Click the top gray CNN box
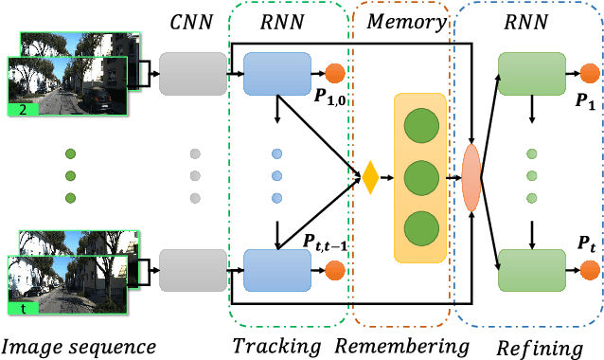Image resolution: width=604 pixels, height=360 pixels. tap(193, 73)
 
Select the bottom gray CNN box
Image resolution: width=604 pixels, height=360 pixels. tap(193, 269)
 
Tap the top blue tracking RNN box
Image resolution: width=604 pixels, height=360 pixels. tap(277, 73)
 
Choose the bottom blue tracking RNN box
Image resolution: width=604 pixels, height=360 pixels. tap(277, 269)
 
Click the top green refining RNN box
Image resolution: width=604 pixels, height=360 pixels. tap(531, 73)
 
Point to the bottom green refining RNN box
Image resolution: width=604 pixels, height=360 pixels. tap(531, 269)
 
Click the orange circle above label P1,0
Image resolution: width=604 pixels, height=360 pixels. tap(334, 74)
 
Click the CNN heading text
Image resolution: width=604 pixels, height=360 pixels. tap(193, 20)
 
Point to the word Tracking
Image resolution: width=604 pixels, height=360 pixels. tap(276, 345)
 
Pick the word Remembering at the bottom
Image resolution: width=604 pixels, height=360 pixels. tap(403, 345)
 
